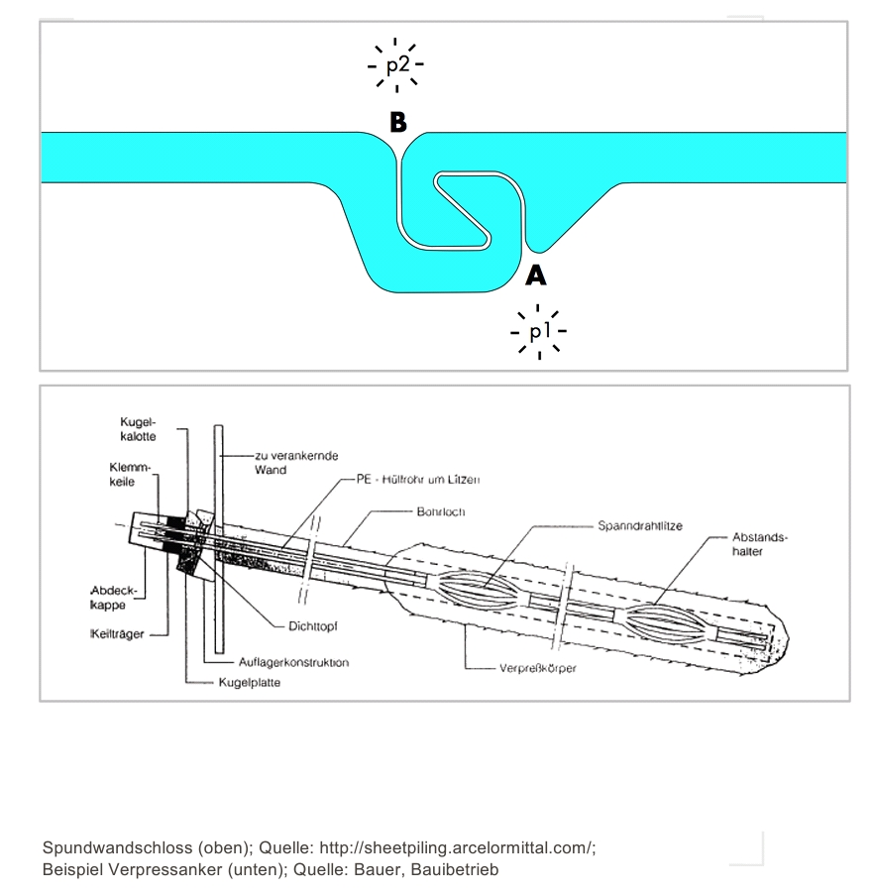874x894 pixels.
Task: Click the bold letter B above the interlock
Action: point(398,122)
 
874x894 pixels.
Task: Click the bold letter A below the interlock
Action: point(536,276)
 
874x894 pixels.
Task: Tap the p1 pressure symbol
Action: point(539,331)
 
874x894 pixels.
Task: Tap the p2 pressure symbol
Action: point(396,65)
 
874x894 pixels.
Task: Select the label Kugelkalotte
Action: point(138,429)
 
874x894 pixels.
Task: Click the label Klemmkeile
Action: point(130,475)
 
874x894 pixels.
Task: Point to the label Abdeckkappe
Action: point(113,598)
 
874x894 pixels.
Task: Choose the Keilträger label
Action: point(117,634)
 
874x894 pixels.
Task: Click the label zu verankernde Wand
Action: point(296,463)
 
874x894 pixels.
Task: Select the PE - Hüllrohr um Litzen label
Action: point(418,480)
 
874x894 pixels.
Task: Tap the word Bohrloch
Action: point(441,512)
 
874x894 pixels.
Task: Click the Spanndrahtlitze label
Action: point(640,525)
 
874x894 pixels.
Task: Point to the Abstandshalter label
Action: point(759,544)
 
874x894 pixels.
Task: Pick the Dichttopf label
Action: point(312,626)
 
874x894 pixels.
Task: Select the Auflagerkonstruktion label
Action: point(293,662)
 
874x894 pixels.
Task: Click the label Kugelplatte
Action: point(249,683)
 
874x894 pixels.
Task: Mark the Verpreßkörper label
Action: point(538,668)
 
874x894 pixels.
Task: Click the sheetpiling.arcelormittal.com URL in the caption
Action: point(457,847)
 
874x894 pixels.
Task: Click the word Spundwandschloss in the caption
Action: point(118,847)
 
